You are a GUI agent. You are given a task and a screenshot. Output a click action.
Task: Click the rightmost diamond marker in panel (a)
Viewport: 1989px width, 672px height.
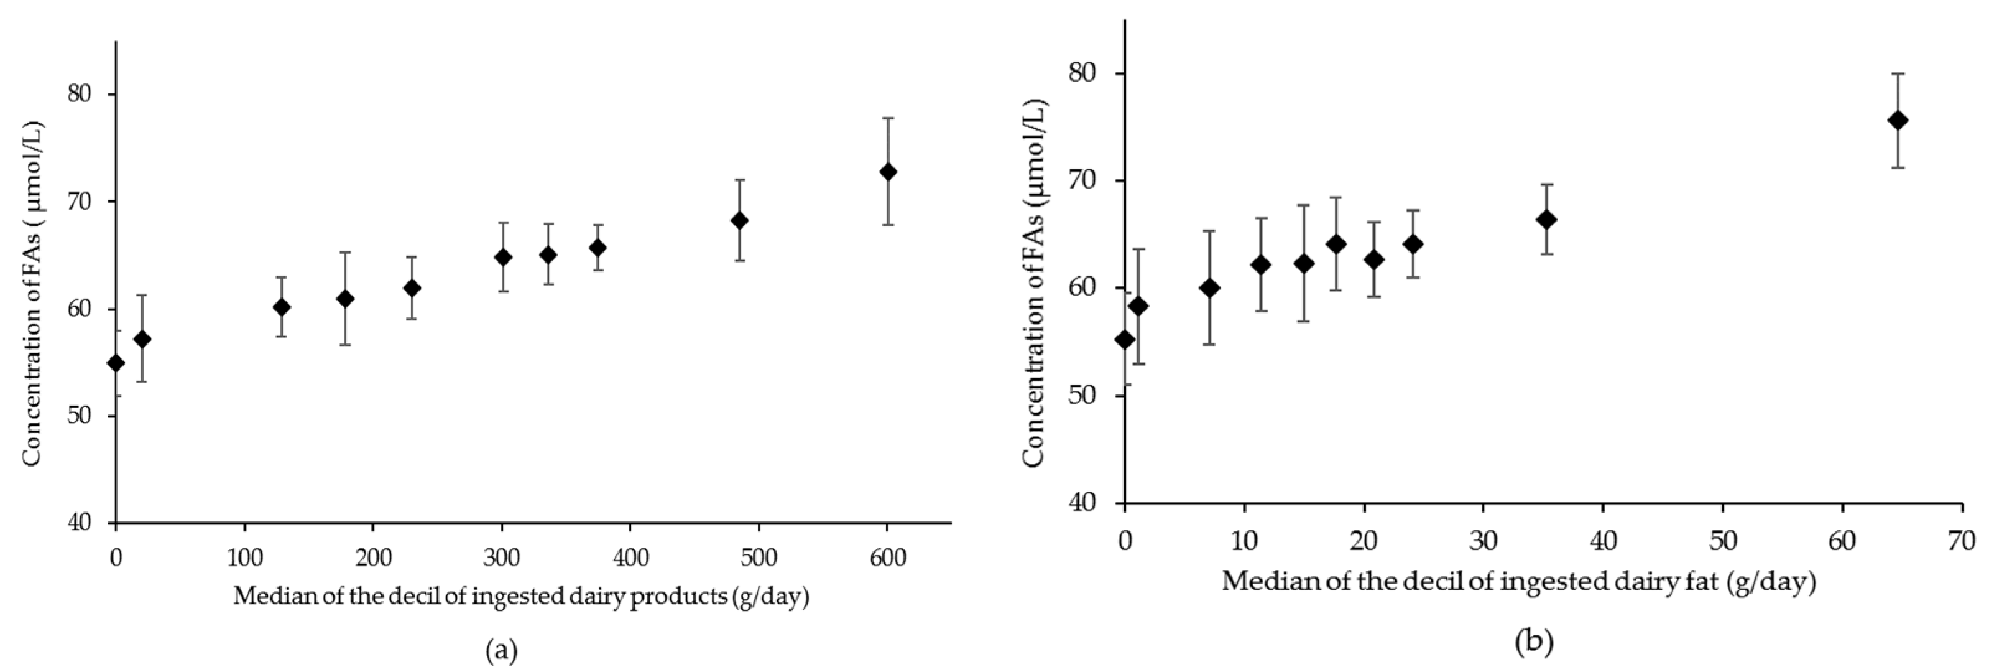(888, 172)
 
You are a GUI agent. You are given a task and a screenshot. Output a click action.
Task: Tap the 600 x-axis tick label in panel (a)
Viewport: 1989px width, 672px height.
(888, 558)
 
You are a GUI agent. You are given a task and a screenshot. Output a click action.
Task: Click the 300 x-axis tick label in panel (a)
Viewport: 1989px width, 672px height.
(502, 558)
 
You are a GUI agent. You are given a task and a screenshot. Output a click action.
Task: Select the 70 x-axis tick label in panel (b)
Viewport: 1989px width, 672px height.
(1962, 540)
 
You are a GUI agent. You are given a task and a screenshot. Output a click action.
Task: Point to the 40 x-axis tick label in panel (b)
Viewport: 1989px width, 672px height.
(1603, 540)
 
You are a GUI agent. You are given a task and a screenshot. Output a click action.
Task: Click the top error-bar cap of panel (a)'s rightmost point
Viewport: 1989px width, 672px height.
(888, 118)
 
